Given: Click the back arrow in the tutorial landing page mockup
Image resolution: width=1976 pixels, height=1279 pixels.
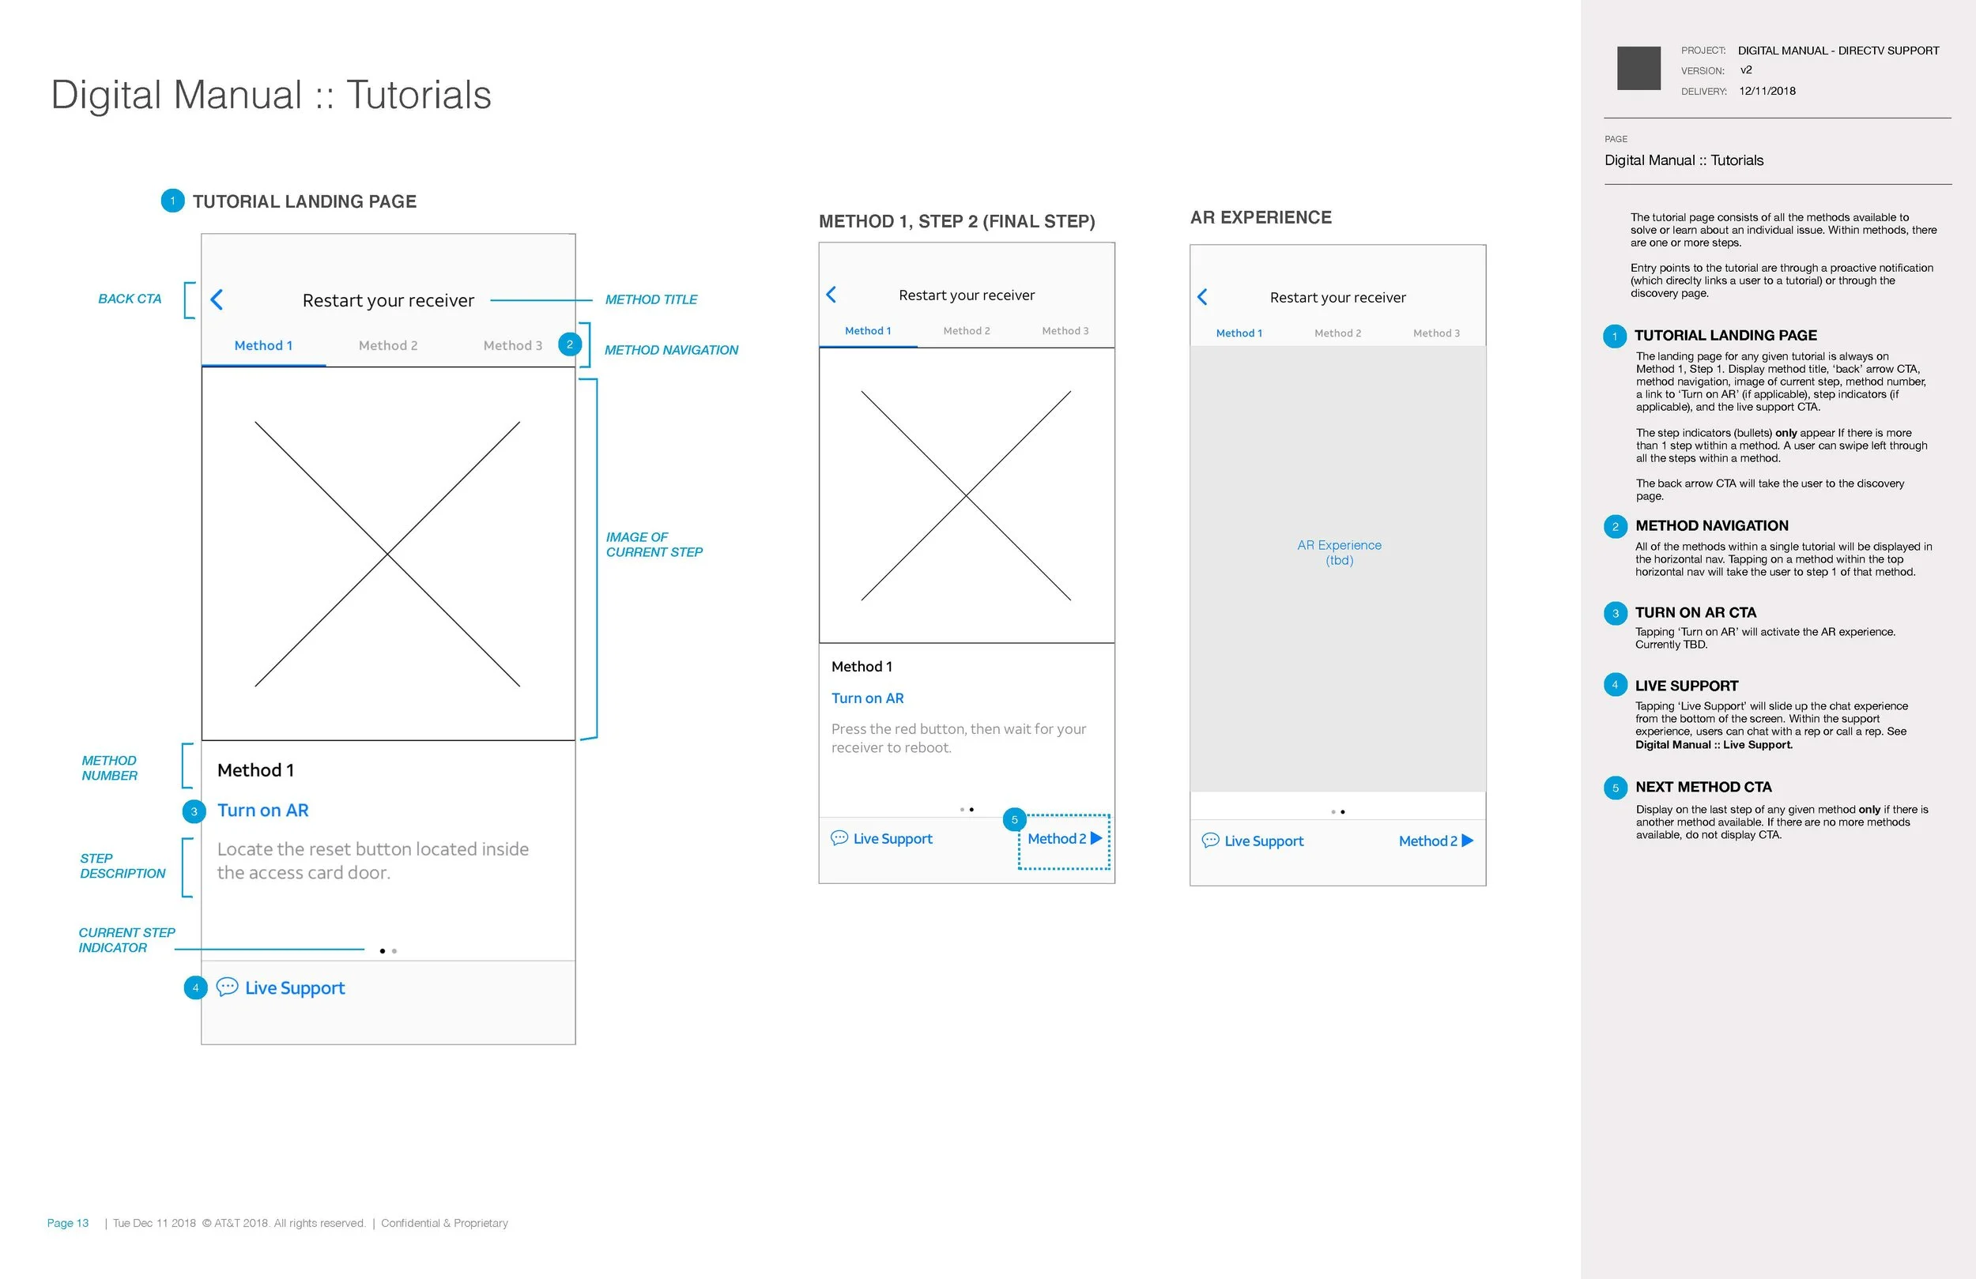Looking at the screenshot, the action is pyautogui.click(x=217, y=299).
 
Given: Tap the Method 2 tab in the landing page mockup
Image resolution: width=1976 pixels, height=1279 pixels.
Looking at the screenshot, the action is pyautogui.click(x=388, y=345).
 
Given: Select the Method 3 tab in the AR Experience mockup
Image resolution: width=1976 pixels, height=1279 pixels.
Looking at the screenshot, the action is pyautogui.click(x=1436, y=333).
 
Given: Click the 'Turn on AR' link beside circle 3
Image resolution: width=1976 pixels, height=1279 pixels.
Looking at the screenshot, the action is pyautogui.click(x=262, y=810).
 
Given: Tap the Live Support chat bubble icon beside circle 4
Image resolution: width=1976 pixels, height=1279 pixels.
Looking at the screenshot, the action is pyautogui.click(x=227, y=987).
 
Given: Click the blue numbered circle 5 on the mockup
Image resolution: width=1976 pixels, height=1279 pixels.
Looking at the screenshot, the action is pyautogui.click(x=1014, y=819).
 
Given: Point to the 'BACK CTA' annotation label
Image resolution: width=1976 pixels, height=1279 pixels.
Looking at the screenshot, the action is pyautogui.click(x=130, y=299).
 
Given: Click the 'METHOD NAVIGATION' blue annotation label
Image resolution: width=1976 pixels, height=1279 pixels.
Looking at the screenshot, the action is pyautogui.click(x=671, y=350).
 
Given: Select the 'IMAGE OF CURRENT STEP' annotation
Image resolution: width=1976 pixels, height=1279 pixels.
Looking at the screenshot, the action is pyautogui.click(x=654, y=544).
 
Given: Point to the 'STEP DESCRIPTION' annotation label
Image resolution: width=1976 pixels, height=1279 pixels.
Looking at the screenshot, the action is pyautogui.click(x=123, y=866).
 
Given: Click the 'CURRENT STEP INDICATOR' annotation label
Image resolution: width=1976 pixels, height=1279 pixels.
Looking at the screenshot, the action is pyautogui.click(x=127, y=940).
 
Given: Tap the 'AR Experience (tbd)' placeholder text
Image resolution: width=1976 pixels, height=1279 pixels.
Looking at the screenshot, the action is pyautogui.click(x=1339, y=553).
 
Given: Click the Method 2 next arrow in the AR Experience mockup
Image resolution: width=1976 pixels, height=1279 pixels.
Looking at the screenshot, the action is pyautogui.click(x=1467, y=840).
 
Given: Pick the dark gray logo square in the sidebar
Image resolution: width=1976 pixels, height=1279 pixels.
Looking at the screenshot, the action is pyautogui.click(x=1639, y=68).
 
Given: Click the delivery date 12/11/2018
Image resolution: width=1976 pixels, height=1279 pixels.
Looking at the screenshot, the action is pyautogui.click(x=1767, y=92).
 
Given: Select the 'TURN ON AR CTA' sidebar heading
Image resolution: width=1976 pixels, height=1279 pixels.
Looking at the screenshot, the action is pyautogui.click(x=1695, y=612).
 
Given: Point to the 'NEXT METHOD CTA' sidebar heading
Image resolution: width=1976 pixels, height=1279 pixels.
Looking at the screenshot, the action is pyautogui.click(x=1703, y=787).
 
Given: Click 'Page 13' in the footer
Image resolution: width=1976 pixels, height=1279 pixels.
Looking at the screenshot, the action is pyautogui.click(x=68, y=1223).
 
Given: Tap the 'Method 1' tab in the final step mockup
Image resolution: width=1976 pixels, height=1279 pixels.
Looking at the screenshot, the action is pyautogui.click(x=868, y=330).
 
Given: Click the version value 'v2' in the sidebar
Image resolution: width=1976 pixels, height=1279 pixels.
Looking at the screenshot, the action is pyautogui.click(x=1746, y=70).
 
